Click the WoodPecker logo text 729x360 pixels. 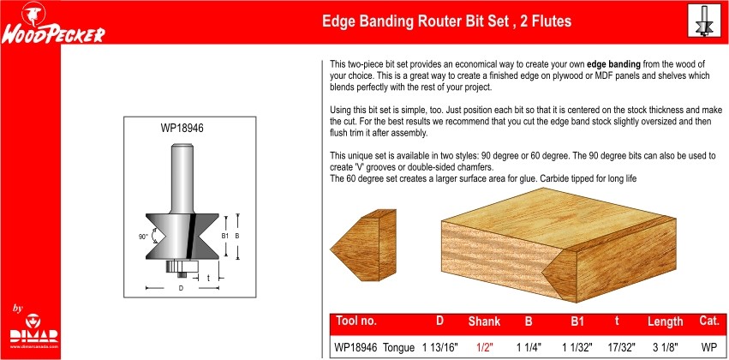coord(53,35)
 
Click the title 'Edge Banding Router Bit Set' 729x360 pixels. coord(415,21)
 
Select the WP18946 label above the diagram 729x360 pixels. coord(182,128)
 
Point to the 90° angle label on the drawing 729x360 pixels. coord(143,237)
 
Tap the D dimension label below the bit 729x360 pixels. coord(181,288)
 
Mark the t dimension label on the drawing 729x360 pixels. coord(208,278)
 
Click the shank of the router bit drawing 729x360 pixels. coord(182,179)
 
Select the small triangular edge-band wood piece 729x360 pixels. coord(363,245)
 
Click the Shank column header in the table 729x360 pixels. coord(484,321)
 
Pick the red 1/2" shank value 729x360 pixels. coord(483,347)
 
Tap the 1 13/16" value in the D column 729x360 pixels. coord(440,347)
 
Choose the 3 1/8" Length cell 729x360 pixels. coord(665,347)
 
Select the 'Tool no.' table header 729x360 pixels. coord(356,321)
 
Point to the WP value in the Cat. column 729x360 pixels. coord(709,347)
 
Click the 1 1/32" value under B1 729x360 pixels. coord(577,347)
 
